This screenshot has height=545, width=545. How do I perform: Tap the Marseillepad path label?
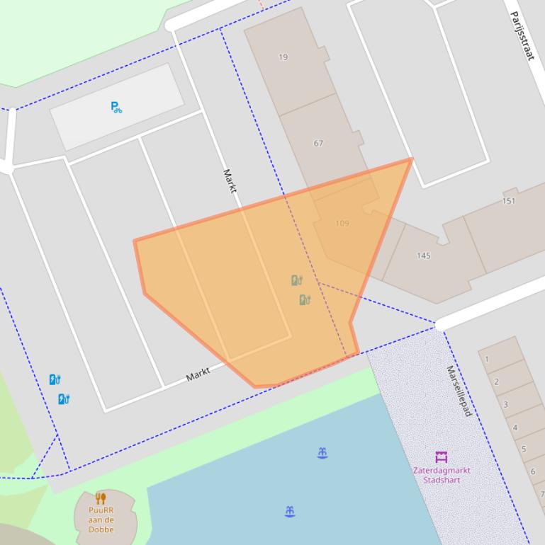point(459,391)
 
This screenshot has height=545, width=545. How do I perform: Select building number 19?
point(283,57)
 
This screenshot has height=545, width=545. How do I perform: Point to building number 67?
point(318,143)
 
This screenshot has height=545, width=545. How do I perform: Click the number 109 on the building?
point(342,223)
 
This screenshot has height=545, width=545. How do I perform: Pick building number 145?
point(423,256)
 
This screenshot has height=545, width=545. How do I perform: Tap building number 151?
point(508,201)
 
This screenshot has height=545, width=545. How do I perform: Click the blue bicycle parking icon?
point(116,107)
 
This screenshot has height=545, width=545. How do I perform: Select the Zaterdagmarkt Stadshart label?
point(442,475)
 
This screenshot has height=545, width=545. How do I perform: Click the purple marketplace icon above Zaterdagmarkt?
point(442,457)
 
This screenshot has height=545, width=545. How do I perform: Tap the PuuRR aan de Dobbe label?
point(101,519)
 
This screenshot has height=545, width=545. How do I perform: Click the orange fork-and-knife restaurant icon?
point(101,498)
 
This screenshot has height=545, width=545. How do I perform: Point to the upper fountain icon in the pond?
point(322,453)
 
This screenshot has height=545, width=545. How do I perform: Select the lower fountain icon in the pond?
point(290,511)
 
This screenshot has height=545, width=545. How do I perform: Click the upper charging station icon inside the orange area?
point(296,281)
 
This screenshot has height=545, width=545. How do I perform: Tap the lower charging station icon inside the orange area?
point(305,300)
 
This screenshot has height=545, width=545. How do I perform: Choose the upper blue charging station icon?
point(55,380)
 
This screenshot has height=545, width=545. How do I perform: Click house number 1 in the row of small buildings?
point(487,359)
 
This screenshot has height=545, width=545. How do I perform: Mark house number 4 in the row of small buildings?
point(515,428)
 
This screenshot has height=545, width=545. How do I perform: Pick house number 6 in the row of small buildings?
point(533,471)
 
